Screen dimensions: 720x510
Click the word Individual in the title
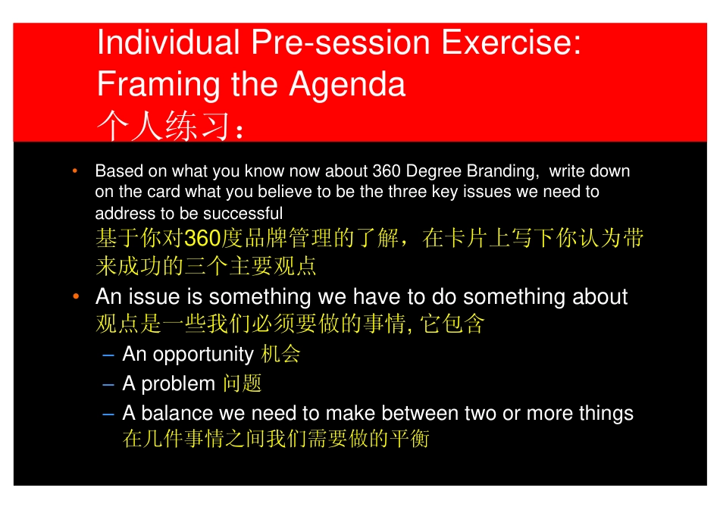click(168, 42)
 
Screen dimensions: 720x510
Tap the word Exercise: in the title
click(511, 42)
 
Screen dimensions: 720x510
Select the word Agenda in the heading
click(347, 86)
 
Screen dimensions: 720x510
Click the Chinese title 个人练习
click(164, 126)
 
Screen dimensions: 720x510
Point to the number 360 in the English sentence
click(387, 171)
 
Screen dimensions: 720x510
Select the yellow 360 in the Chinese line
click(202, 238)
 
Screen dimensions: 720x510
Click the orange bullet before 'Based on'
click(75, 171)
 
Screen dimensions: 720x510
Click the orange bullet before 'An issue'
click(77, 296)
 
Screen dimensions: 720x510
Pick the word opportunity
click(203, 355)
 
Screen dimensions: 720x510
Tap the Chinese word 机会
click(280, 354)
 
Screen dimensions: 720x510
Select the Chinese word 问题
click(242, 383)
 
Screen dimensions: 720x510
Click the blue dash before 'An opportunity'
click(108, 355)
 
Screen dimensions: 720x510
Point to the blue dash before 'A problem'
click(108, 385)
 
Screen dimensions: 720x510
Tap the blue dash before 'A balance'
click(108, 415)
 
